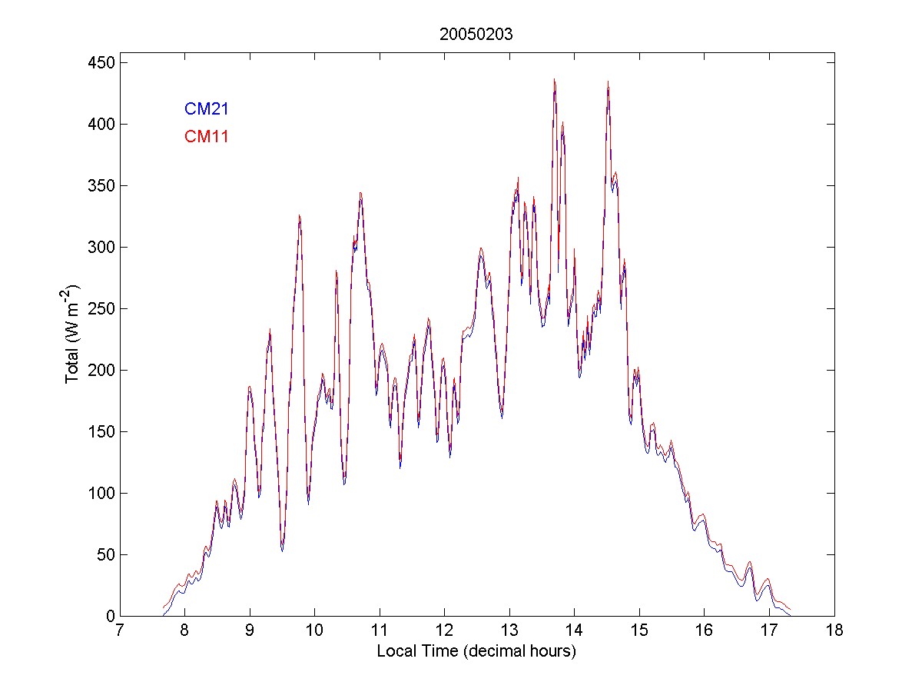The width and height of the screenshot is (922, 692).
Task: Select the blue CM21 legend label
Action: (x=207, y=109)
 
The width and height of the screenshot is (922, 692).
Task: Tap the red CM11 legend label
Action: (x=207, y=137)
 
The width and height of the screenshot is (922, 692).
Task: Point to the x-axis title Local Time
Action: (x=476, y=651)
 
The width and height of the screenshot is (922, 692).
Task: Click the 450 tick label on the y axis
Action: (x=95, y=62)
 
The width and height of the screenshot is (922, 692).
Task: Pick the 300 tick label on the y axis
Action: (x=95, y=247)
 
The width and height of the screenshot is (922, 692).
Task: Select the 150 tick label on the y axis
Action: (x=95, y=431)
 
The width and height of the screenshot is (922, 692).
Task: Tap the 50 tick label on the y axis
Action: (x=99, y=554)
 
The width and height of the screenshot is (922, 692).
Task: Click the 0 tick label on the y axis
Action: (x=103, y=616)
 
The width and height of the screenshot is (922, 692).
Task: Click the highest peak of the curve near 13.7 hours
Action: (x=554, y=79)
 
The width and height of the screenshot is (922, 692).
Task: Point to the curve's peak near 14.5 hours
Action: (x=608, y=82)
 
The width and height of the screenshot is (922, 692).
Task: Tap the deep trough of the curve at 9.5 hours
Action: (x=282, y=549)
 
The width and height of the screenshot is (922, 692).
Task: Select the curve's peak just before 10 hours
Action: (x=300, y=216)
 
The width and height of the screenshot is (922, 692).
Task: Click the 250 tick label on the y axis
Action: (x=95, y=308)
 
